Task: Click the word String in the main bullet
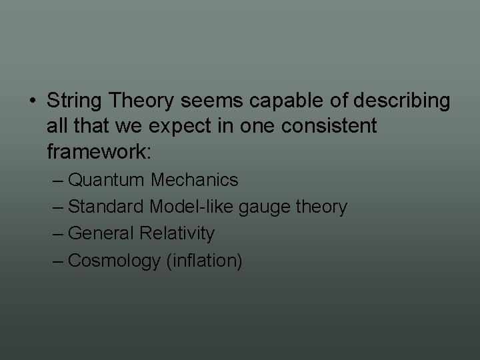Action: (x=74, y=101)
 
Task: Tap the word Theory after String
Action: (x=140, y=101)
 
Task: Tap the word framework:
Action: (x=100, y=152)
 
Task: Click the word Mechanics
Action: (x=194, y=181)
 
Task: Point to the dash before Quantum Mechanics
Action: (x=58, y=181)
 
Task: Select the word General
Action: (x=102, y=234)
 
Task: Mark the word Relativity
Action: (x=177, y=234)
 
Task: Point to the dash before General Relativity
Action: (x=58, y=234)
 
